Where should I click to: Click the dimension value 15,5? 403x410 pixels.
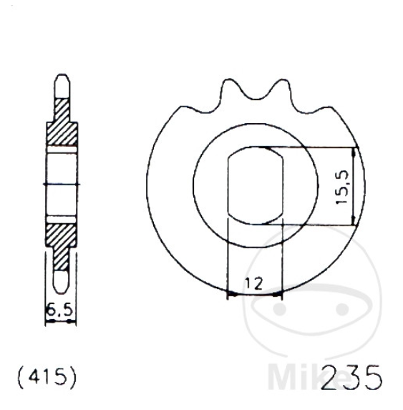pos(342,187)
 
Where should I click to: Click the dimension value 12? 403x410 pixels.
pos(253,283)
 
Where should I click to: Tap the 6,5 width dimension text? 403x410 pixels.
pos(59,310)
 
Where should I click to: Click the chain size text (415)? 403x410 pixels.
pos(47,378)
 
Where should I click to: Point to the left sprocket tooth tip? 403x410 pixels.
pos(229,79)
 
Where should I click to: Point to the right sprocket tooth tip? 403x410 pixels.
pos(283,79)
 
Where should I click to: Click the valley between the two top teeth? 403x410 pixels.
pos(256,99)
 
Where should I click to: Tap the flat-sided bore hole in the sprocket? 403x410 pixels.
pos(256,185)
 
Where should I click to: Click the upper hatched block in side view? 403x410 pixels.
pos(62,123)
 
